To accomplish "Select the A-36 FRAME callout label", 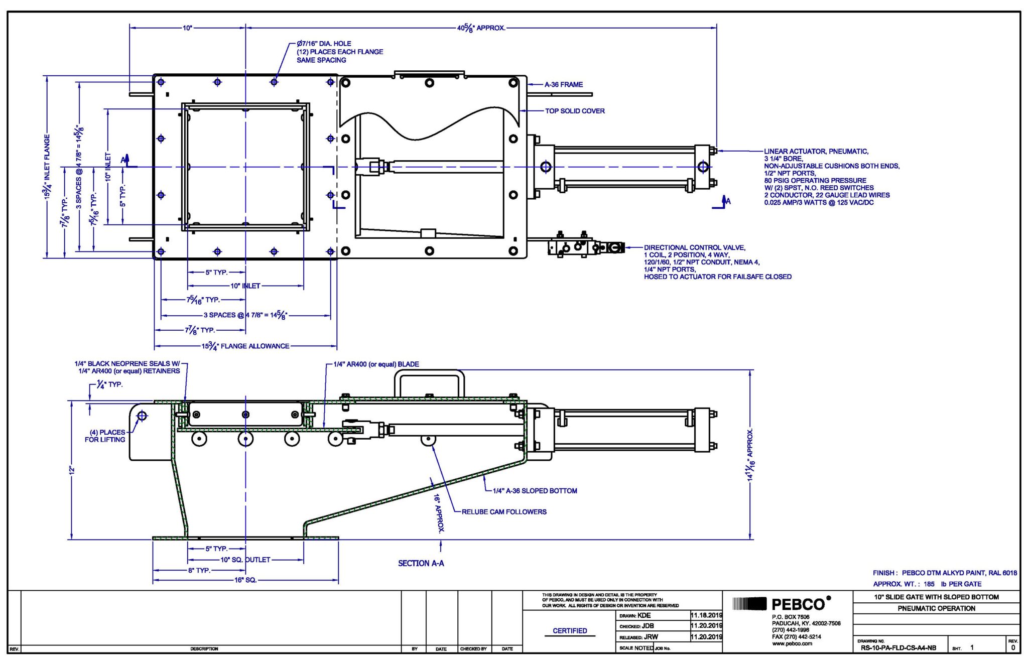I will [x=563, y=85].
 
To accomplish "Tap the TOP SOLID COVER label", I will [x=575, y=111].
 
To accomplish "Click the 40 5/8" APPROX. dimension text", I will [x=480, y=28].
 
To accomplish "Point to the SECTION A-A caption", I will [x=421, y=563].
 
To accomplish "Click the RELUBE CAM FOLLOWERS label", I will [x=504, y=512].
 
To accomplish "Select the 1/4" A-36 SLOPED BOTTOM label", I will [x=535, y=491].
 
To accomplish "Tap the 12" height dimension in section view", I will [x=72, y=470].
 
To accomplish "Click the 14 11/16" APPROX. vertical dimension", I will [x=750, y=455].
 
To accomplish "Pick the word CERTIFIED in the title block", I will [x=570, y=631].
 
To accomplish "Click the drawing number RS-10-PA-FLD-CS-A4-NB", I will [x=898, y=648].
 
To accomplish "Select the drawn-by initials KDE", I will [x=644, y=615].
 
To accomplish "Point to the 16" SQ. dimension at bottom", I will [x=245, y=580].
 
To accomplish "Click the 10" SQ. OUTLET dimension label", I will [x=245, y=560].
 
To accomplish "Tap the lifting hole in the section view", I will [x=142, y=416].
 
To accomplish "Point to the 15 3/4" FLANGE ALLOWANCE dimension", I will [x=245, y=346].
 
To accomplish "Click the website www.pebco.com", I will [x=792, y=643].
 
